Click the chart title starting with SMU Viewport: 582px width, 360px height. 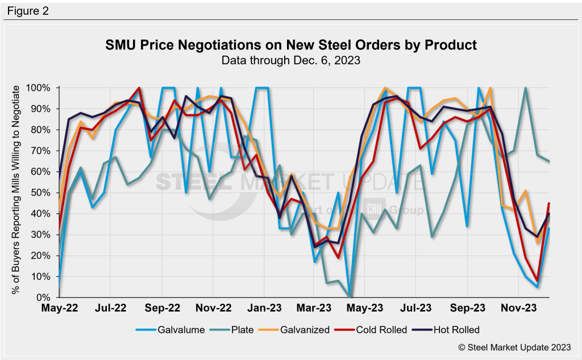tap(290, 44)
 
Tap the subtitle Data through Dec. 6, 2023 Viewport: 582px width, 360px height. tap(290, 59)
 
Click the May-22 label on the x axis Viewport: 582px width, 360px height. tap(59, 309)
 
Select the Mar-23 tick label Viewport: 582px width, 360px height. tap(314, 309)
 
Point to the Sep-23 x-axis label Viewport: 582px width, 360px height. tap(468, 309)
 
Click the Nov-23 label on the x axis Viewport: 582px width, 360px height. tap(519, 309)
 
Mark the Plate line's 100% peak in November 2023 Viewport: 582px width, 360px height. tap(526, 88)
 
